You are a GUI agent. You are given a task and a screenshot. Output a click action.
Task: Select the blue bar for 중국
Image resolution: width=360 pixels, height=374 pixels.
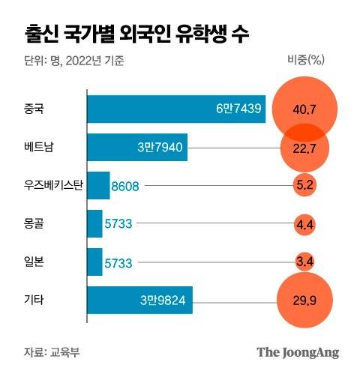point(176,109)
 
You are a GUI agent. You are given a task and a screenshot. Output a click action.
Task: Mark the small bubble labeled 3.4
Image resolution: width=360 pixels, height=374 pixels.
point(304,262)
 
